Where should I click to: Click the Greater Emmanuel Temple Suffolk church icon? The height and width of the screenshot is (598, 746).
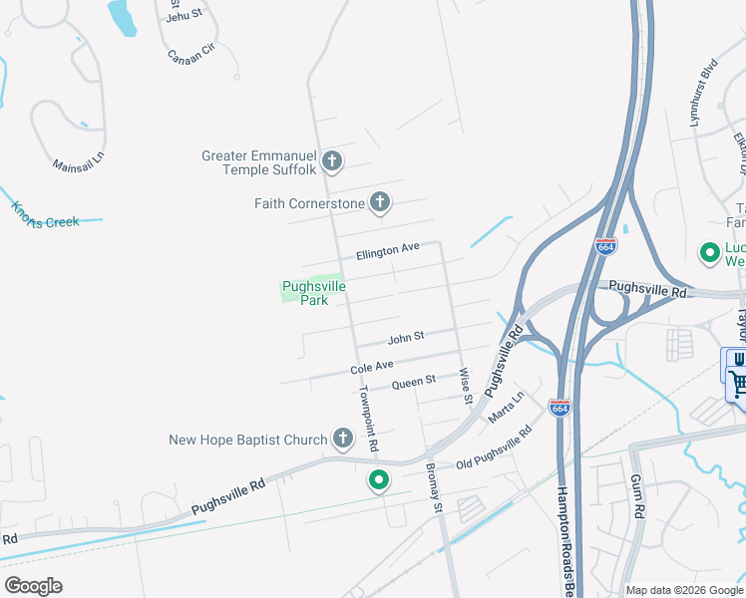(x=333, y=159)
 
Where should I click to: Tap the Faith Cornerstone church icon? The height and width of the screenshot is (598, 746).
(x=379, y=203)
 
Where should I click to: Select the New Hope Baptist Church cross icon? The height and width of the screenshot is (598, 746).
(x=342, y=439)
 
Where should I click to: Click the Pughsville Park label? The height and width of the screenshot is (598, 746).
(x=313, y=292)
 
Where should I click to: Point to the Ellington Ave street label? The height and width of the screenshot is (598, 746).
(x=388, y=250)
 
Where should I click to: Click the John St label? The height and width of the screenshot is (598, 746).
(x=406, y=337)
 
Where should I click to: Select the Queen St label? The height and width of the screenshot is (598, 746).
(x=414, y=382)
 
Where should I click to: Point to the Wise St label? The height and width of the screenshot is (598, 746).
(x=465, y=386)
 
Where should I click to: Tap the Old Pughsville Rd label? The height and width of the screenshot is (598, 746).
(x=494, y=449)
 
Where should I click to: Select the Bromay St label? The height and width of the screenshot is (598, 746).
(x=434, y=487)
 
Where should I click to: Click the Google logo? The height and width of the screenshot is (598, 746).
(x=33, y=586)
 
